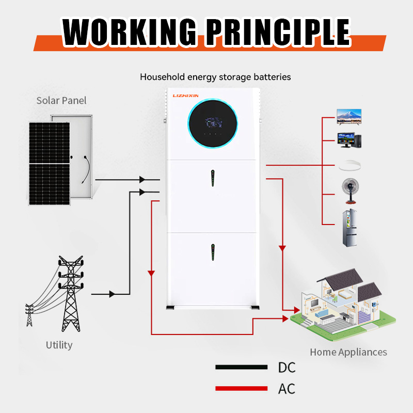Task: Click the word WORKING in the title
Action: click(x=129, y=32)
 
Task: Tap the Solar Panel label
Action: click(x=61, y=100)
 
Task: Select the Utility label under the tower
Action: click(x=59, y=345)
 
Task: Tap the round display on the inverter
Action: click(x=213, y=124)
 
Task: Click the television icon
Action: click(x=348, y=116)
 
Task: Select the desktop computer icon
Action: click(x=349, y=140)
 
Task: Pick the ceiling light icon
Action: click(x=349, y=166)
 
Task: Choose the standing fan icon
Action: click(x=349, y=193)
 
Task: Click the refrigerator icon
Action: click(x=349, y=228)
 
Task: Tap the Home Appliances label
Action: click(x=348, y=352)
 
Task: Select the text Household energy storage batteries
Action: click(x=215, y=77)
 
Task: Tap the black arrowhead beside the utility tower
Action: click(x=112, y=294)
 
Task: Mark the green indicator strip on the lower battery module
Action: click(x=212, y=252)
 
